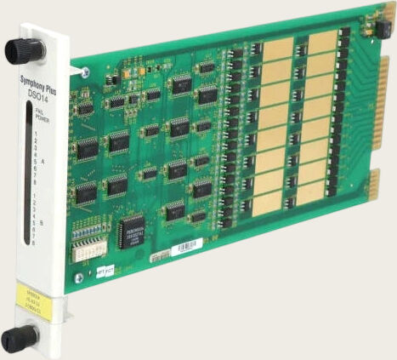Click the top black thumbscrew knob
click(24, 50)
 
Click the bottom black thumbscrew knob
click(19, 338)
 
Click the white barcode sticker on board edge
click(188, 249)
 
